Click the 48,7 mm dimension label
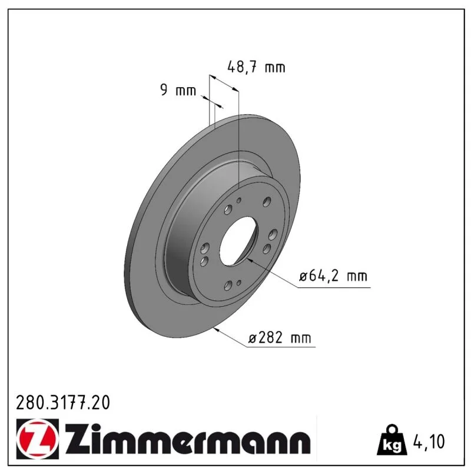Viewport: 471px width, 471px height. pyautogui.click(x=256, y=67)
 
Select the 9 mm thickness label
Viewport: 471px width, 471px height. pyautogui.click(x=178, y=90)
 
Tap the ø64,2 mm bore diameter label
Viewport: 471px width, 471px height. pyautogui.click(x=333, y=276)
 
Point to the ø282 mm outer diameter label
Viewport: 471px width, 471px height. pyautogui.click(x=280, y=338)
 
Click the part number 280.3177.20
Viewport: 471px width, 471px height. pyautogui.click(x=63, y=403)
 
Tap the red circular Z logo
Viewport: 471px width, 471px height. pyautogui.click(x=38, y=439)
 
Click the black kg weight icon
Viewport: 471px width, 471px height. pyautogui.click(x=392, y=440)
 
